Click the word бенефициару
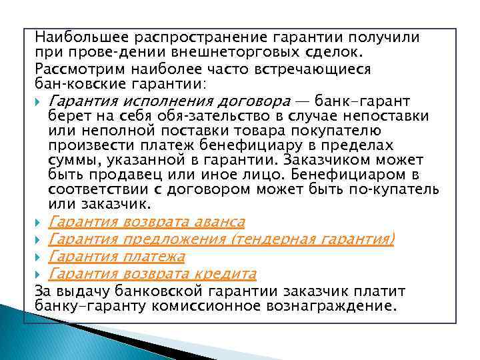(245, 145)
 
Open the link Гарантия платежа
(117, 256)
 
